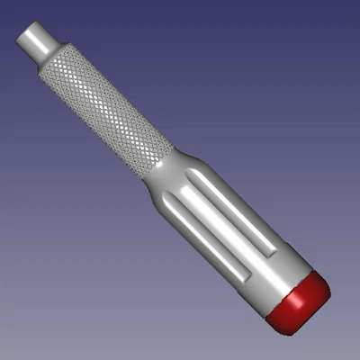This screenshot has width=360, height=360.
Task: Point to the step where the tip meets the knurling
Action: coord(51,60)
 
